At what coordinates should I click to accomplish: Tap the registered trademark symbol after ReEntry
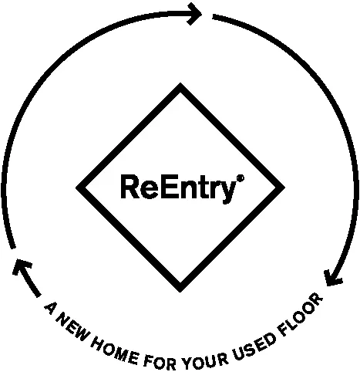(241, 178)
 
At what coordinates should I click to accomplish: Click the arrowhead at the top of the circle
(195, 14)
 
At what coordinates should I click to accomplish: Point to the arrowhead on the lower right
(332, 279)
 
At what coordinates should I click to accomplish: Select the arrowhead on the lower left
(22, 267)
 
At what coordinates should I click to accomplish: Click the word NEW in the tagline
(73, 328)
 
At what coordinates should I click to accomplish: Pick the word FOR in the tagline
(160, 363)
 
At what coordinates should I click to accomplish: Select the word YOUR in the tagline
(205, 362)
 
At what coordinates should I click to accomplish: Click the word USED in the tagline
(254, 347)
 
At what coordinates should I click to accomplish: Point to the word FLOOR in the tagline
(301, 314)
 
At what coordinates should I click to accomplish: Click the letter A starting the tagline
(51, 308)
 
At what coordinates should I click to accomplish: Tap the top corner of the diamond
(180, 84)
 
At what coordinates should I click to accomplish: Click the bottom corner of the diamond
(180, 292)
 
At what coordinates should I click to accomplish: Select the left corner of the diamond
(76, 188)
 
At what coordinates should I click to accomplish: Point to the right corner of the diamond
(284, 188)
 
